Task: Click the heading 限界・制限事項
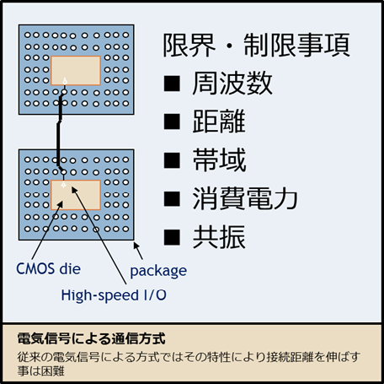(256, 45)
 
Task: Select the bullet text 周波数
(232, 84)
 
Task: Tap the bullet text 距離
(219, 122)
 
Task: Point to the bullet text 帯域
(219, 160)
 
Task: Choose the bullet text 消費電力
(245, 198)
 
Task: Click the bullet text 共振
(219, 236)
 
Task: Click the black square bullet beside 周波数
(172, 84)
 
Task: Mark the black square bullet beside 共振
(172, 237)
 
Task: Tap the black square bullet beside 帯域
(172, 160)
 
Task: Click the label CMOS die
(48, 268)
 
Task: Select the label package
(158, 271)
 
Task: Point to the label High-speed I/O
(114, 295)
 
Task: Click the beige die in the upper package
(76, 71)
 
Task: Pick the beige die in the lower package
(76, 195)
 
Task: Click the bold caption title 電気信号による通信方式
(91, 338)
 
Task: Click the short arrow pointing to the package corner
(138, 251)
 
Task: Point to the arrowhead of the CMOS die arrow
(61, 204)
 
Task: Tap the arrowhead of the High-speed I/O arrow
(74, 189)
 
